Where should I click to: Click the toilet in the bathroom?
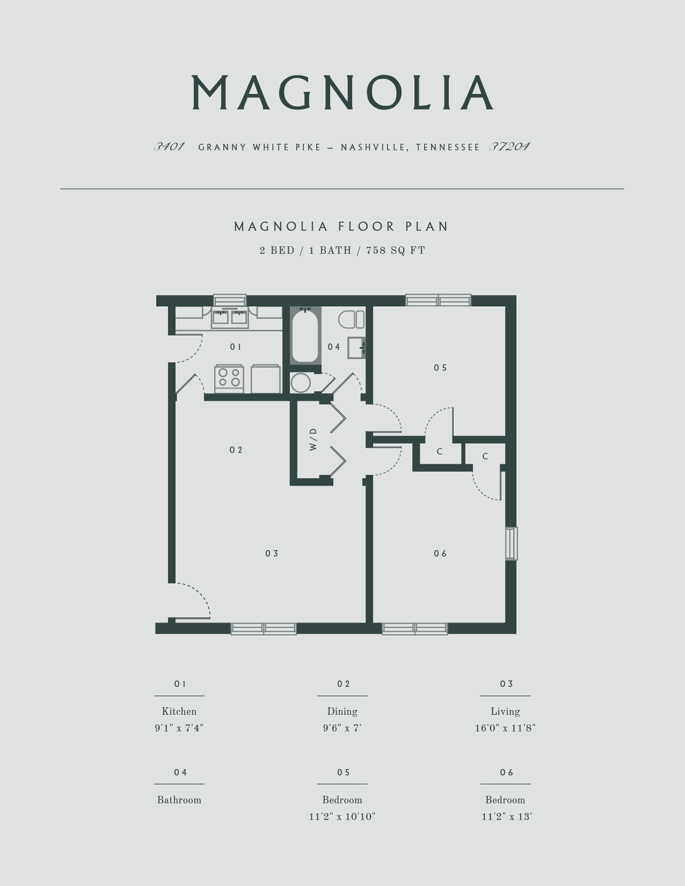351,319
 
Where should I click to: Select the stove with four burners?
229,378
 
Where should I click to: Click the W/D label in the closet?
314,439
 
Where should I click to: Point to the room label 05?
440,368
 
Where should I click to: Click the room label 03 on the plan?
272,553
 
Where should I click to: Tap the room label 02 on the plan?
236,450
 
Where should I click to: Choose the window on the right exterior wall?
511,544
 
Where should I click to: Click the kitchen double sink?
230,317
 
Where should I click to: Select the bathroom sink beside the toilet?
356,347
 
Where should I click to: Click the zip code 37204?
509,147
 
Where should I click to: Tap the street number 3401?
170,147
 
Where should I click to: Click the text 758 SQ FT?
396,251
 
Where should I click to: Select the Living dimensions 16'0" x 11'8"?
505,728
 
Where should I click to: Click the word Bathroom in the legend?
179,800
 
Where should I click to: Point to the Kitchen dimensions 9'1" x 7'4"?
179,728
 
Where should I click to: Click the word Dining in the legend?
342,712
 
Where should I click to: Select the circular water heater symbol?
301,383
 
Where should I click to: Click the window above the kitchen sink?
230,300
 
